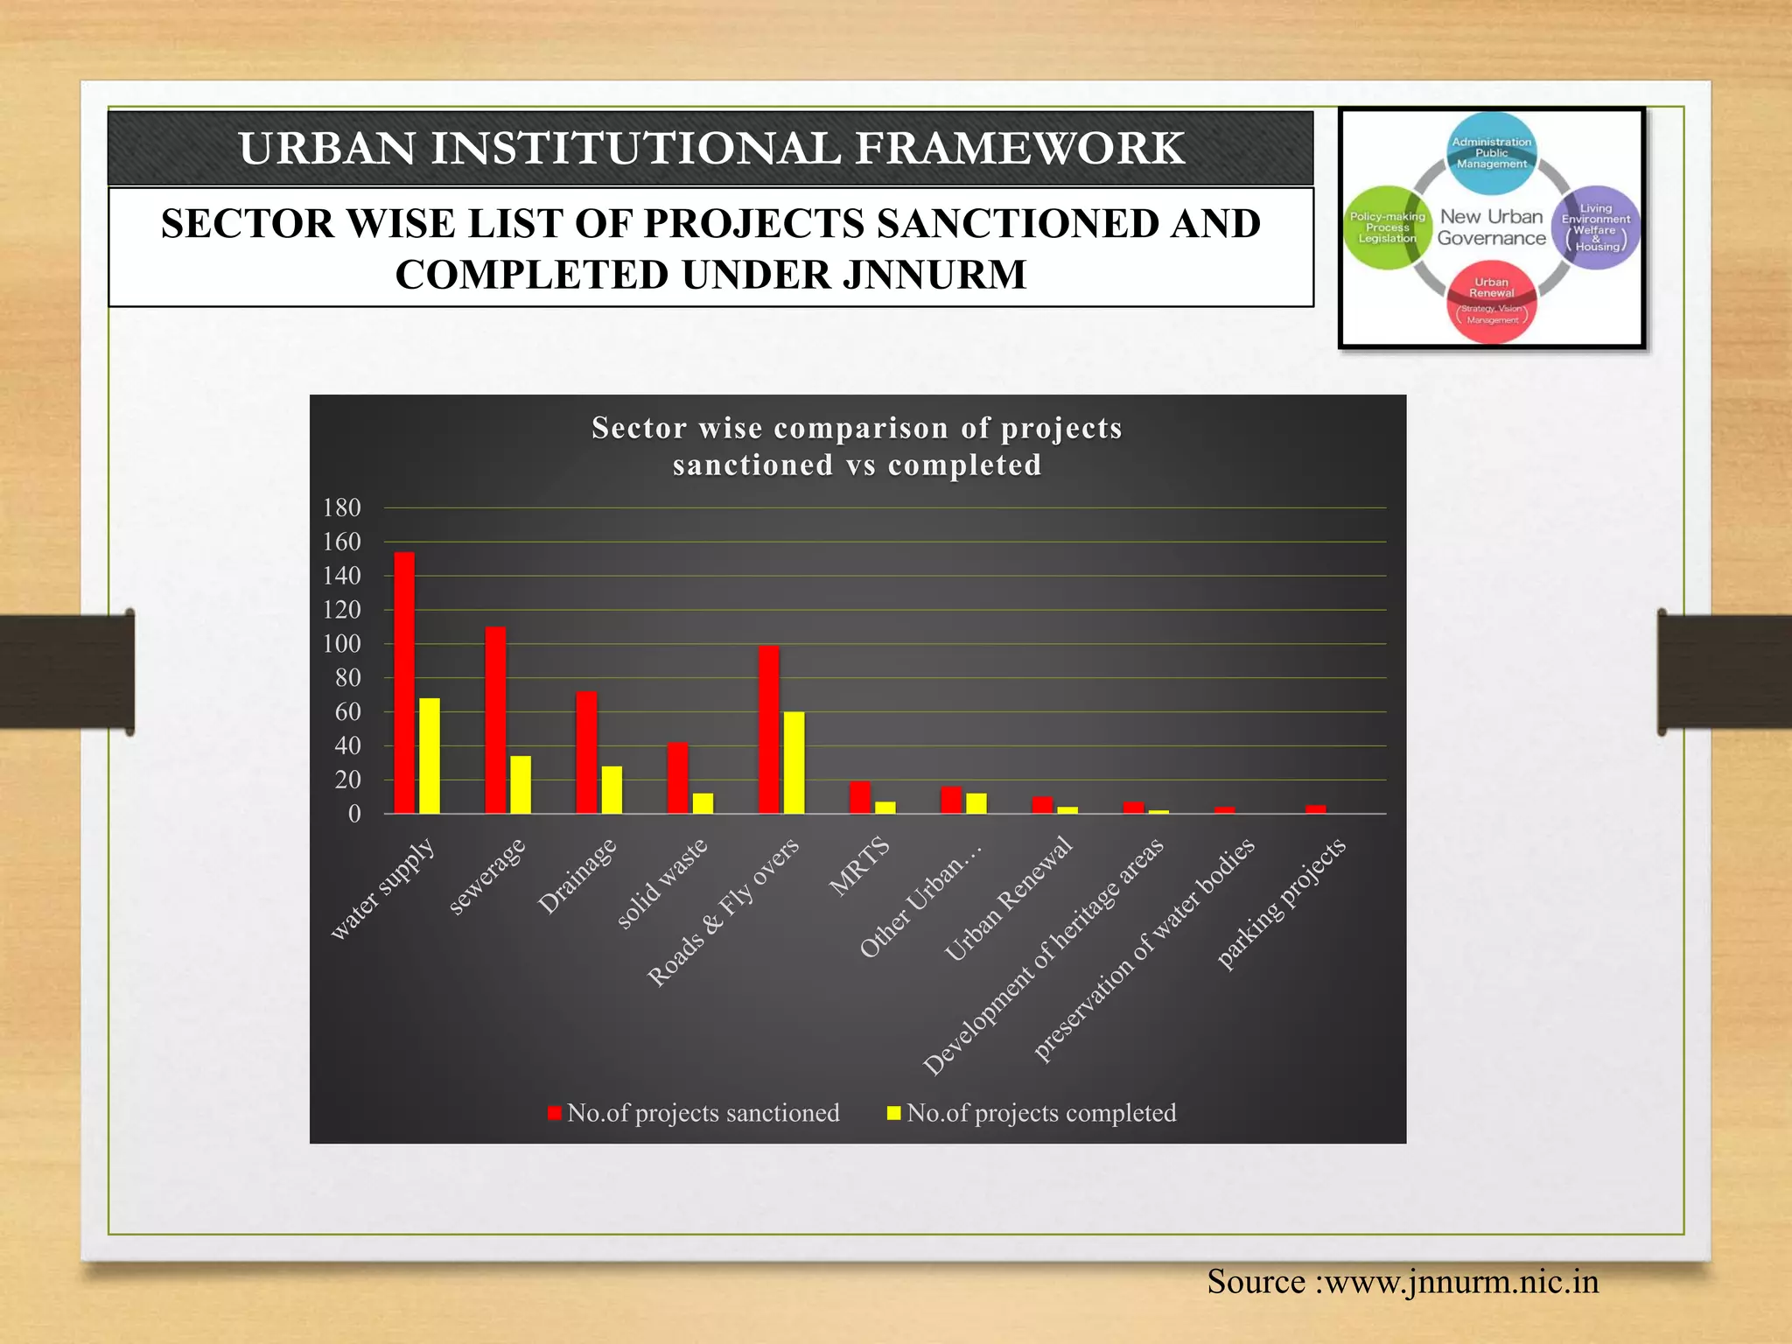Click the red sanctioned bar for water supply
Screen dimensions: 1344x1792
(x=404, y=682)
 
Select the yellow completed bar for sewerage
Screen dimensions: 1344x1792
(x=521, y=785)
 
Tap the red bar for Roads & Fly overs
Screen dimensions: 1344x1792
(x=769, y=730)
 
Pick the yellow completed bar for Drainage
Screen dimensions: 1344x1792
(x=612, y=790)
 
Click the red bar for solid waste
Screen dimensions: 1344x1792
(x=677, y=778)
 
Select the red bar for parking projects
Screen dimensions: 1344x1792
(x=1316, y=809)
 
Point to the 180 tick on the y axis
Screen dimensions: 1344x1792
(x=341, y=508)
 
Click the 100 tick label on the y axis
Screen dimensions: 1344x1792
(x=341, y=644)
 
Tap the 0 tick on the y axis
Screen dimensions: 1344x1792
(x=354, y=815)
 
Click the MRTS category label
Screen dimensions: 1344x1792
(x=860, y=867)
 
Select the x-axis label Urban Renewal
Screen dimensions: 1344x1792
(x=1009, y=899)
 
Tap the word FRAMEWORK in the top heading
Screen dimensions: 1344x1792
(x=1019, y=148)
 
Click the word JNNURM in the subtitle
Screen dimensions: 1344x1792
(x=934, y=275)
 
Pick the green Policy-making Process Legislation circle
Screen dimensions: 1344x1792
(x=1387, y=227)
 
